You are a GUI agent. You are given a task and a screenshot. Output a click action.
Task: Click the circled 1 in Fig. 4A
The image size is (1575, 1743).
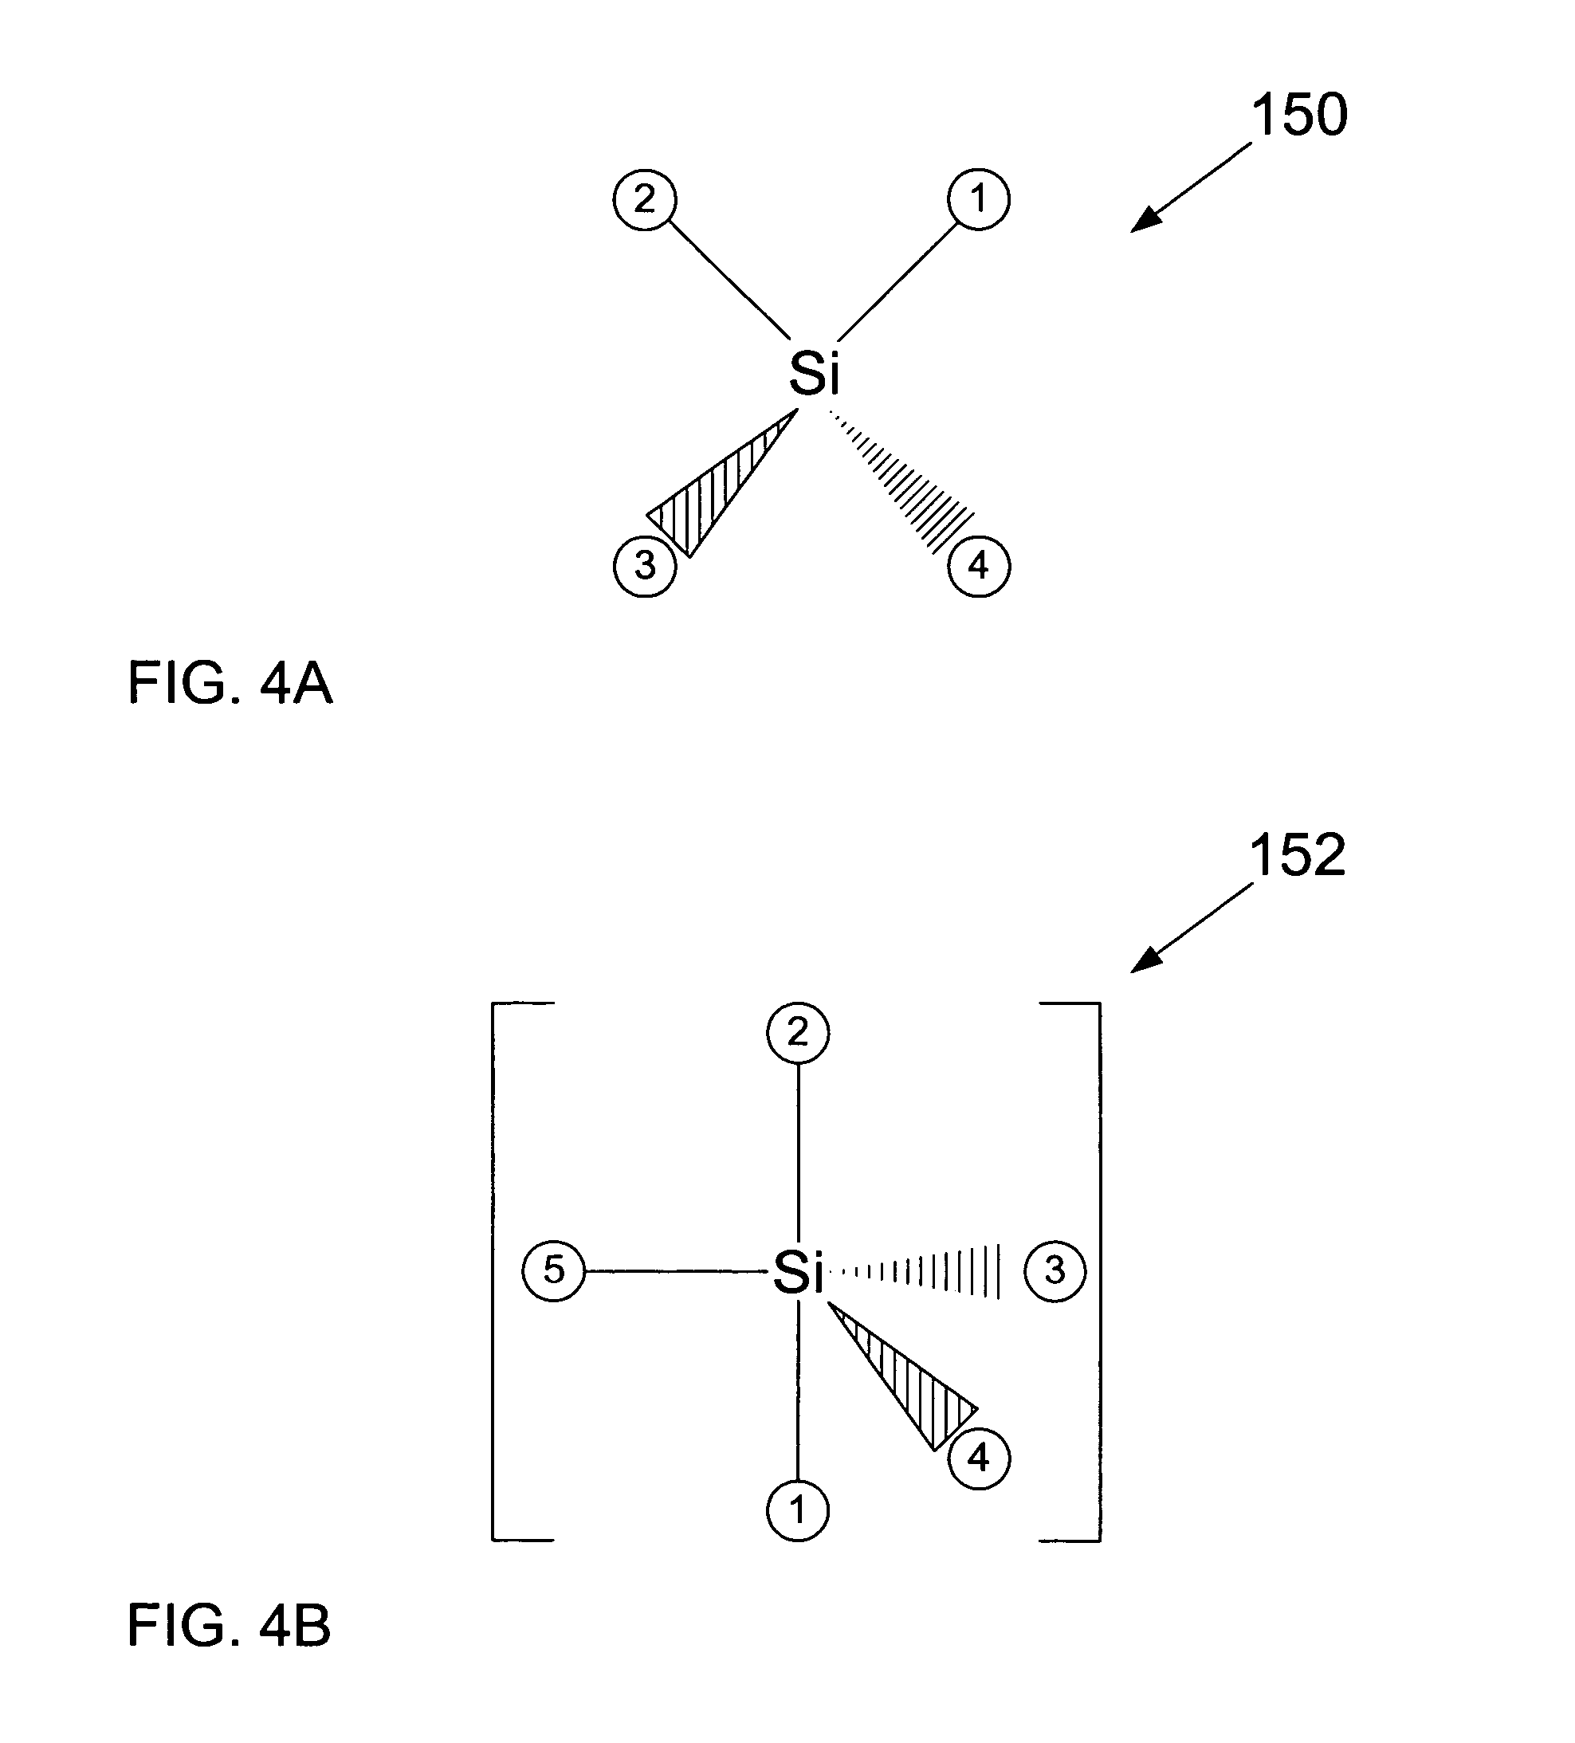[x=978, y=200]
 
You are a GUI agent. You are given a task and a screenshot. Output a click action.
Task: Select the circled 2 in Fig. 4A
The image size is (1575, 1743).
[x=645, y=200]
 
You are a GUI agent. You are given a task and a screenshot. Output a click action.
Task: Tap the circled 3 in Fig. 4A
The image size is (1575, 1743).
[x=645, y=567]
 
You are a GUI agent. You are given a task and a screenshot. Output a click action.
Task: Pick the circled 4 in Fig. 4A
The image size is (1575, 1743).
[x=978, y=567]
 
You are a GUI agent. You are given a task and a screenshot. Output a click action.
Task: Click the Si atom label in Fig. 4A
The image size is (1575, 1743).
[x=815, y=374]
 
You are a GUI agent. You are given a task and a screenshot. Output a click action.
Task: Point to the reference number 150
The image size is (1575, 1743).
[x=1299, y=114]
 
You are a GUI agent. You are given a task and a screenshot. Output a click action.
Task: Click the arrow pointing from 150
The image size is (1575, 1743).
[x=1191, y=187]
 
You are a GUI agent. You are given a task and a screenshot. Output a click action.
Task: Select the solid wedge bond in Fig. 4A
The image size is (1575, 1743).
[x=722, y=485]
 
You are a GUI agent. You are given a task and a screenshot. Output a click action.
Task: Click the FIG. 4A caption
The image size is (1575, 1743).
[x=230, y=683]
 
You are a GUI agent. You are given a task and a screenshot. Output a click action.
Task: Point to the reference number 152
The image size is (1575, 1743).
[x=1298, y=855]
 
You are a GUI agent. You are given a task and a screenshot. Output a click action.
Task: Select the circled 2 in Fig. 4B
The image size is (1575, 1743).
[x=797, y=1033]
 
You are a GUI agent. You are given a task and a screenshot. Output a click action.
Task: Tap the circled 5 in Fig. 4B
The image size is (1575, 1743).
[x=553, y=1271]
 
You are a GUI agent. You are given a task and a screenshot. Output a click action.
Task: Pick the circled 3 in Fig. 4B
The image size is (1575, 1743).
[x=1055, y=1271]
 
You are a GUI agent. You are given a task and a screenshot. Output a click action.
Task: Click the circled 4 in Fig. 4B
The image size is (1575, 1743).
[x=978, y=1458]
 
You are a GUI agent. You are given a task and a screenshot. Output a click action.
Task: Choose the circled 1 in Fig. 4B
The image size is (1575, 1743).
[x=797, y=1510]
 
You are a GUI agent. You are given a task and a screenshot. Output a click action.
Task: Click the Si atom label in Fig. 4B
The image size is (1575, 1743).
[x=797, y=1272]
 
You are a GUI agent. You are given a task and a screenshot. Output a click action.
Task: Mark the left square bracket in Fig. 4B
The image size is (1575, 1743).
[x=522, y=1272]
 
